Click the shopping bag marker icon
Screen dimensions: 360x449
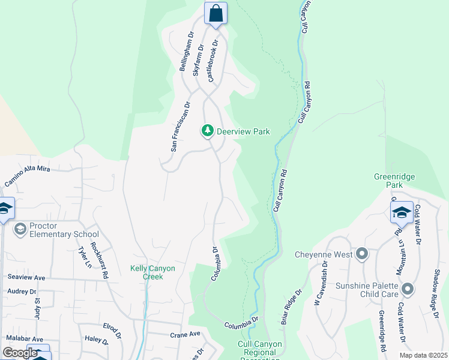(215, 13)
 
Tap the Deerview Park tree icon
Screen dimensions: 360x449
(208, 131)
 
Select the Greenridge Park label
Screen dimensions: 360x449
(394, 181)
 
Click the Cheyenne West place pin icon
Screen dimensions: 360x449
(361, 254)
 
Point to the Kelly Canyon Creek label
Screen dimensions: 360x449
(153, 272)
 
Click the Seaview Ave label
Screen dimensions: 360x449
(26, 278)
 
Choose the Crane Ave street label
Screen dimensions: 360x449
(185, 335)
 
